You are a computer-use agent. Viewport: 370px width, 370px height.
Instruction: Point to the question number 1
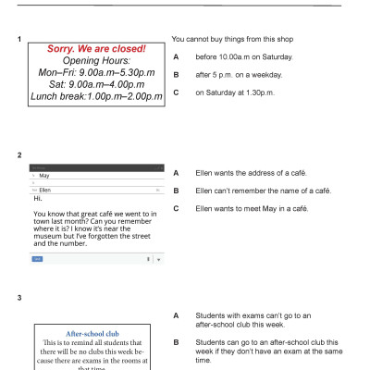pyautogui.click(x=19, y=39)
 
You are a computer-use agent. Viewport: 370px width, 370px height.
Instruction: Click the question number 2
pyautogui.click(x=19, y=154)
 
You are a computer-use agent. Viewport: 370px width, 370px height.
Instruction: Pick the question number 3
pyautogui.click(x=19, y=297)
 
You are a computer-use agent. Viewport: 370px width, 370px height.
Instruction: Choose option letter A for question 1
pyautogui.click(x=176, y=57)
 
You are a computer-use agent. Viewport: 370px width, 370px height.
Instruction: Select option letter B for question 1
pyautogui.click(x=176, y=75)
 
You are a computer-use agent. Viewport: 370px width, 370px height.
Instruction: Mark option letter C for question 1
pyautogui.click(x=176, y=92)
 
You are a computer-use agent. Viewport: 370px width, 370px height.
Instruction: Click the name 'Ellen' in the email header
pyautogui.click(x=45, y=189)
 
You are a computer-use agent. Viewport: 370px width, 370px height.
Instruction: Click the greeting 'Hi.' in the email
pyautogui.click(x=38, y=197)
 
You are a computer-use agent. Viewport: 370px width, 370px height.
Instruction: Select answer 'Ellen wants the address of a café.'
pyautogui.click(x=251, y=173)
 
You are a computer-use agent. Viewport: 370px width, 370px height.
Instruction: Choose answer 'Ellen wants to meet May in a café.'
pyautogui.click(x=252, y=208)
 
